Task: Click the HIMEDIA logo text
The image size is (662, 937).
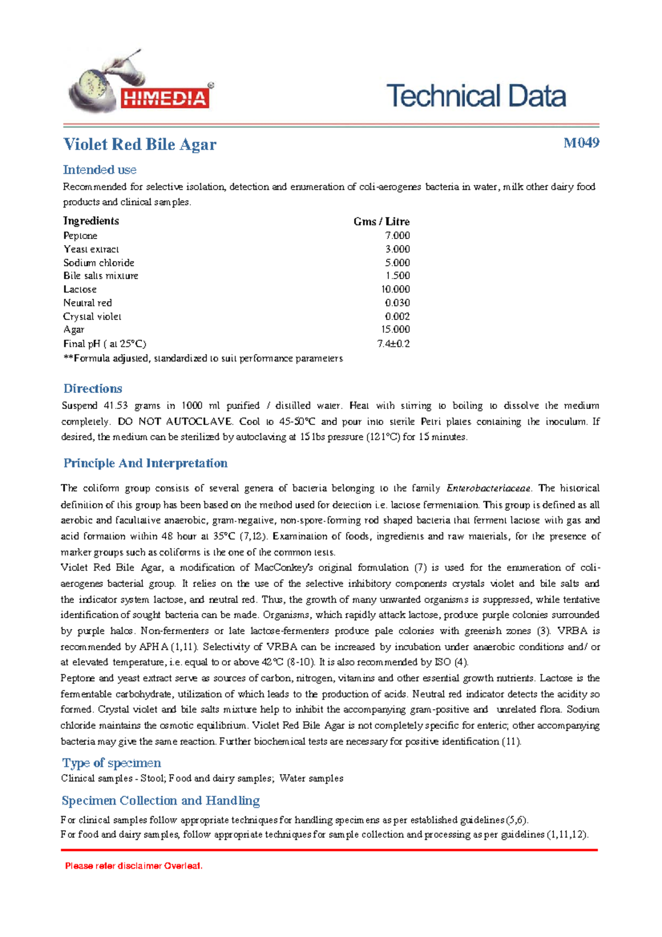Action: (164, 99)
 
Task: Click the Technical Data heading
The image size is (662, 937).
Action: (476, 96)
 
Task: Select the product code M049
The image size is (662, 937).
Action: (581, 143)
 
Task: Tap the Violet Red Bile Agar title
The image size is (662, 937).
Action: (140, 145)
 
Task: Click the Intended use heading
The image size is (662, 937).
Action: (99, 170)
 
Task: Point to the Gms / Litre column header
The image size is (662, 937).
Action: (381, 221)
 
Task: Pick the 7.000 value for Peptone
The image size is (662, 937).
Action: (397, 236)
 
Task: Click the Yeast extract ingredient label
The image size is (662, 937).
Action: (91, 249)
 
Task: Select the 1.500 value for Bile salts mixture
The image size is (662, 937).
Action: (397, 276)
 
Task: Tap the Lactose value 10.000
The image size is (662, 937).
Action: (395, 289)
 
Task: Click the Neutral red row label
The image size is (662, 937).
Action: (87, 303)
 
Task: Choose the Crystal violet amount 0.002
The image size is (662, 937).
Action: (397, 317)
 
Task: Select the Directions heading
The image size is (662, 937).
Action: (93, 388)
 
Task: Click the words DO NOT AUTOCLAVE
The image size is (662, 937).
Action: (175, 422)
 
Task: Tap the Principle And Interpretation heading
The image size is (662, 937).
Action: (145, 463)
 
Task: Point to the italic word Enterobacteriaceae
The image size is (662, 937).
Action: (488, 488)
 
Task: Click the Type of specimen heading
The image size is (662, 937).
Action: (111, 763)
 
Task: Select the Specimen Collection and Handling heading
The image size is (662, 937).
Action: (161, 801)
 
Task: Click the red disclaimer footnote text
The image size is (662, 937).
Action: (134, 866)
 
